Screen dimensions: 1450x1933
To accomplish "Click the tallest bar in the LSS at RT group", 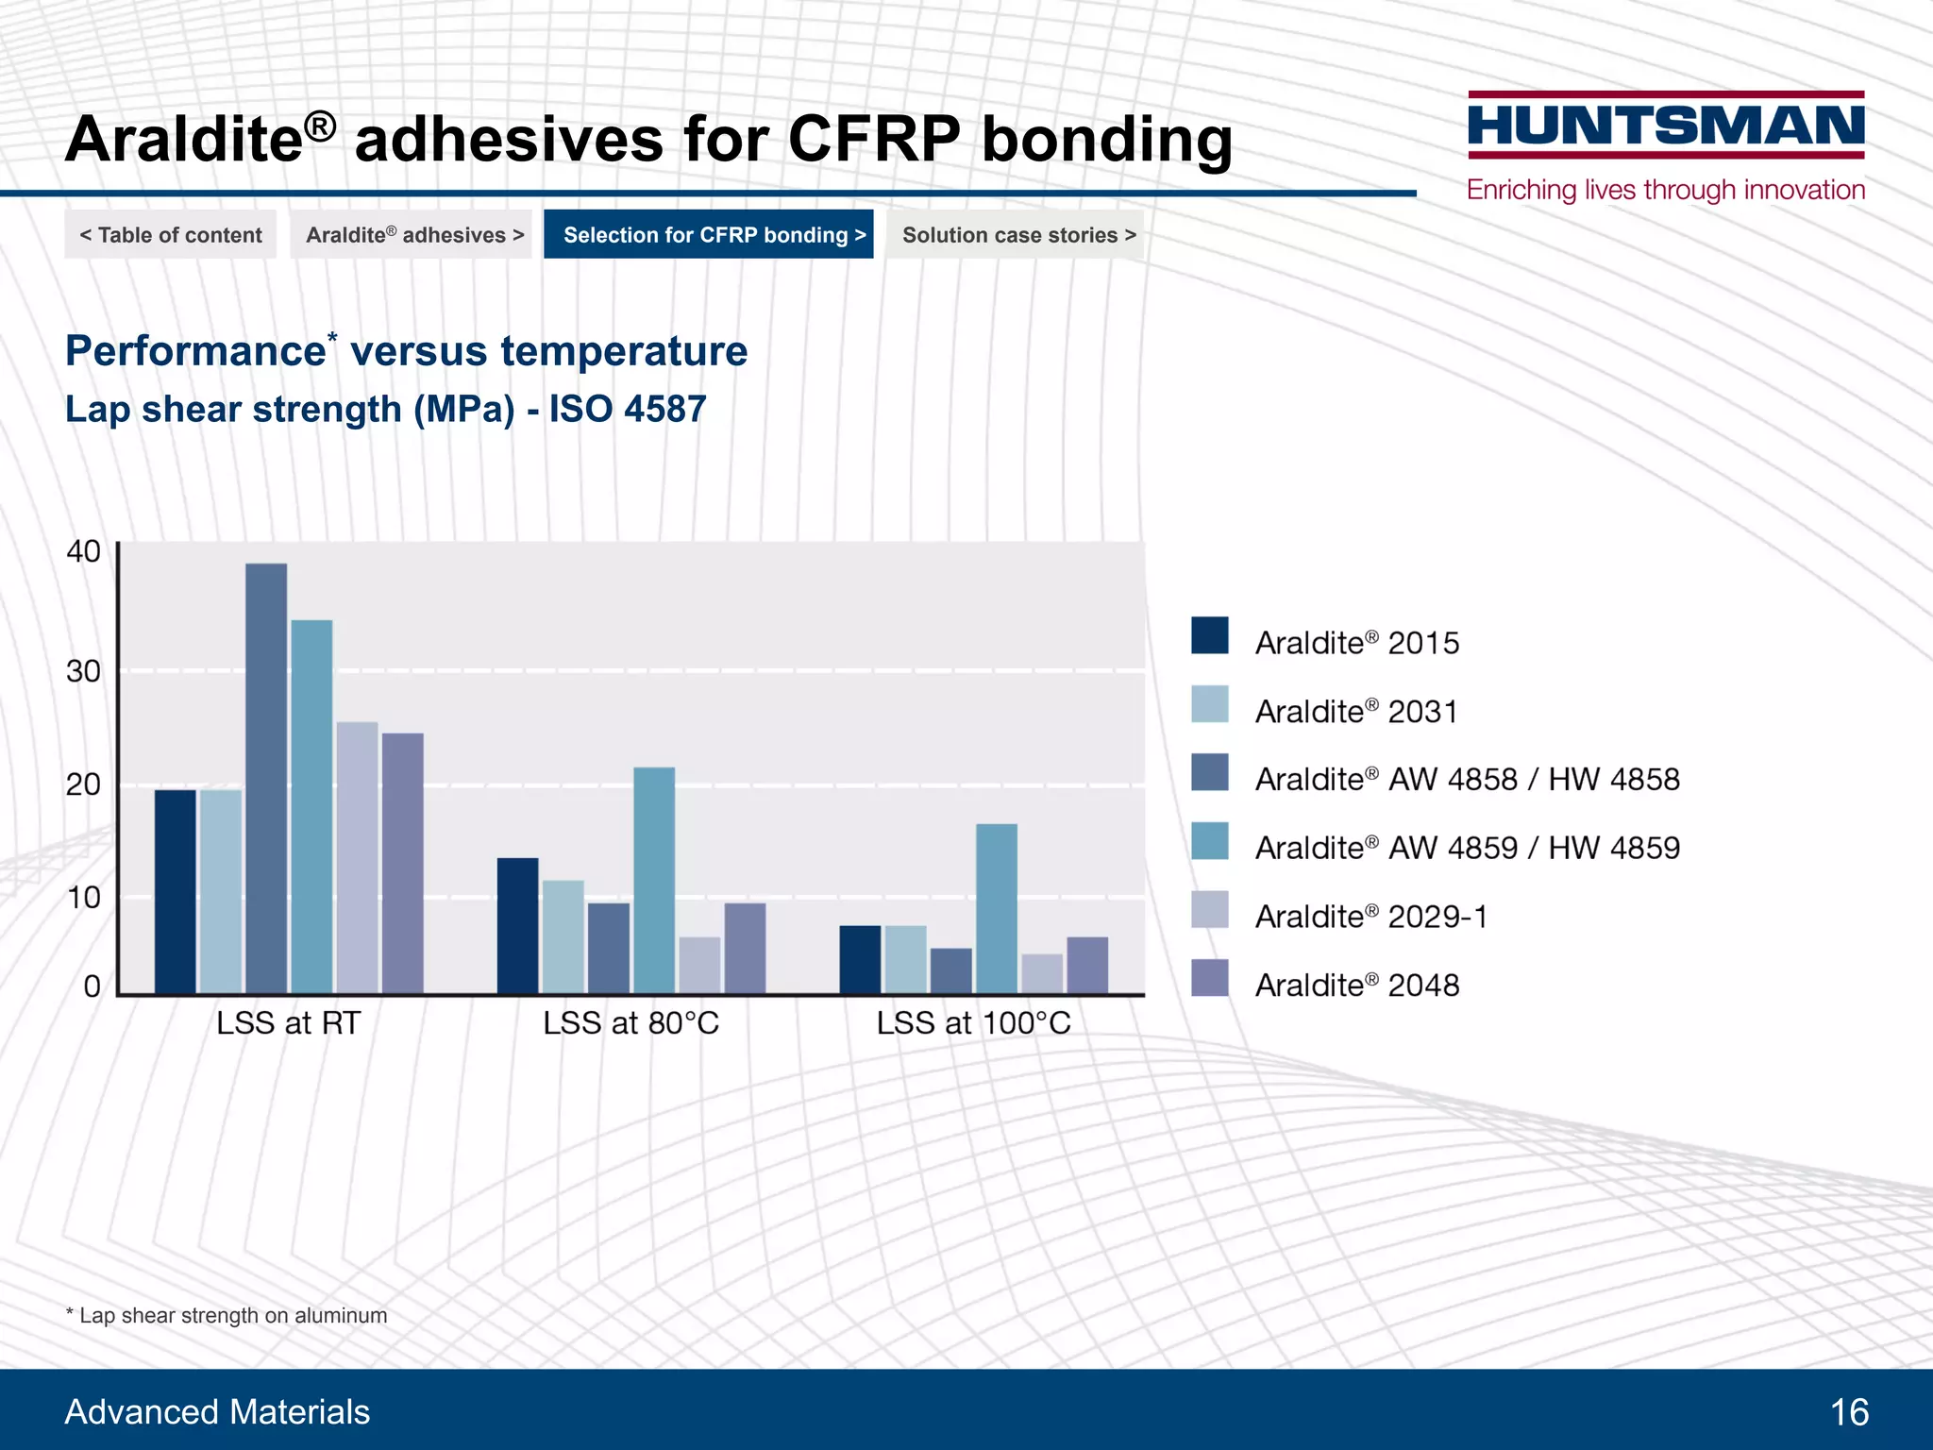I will tap(266, 778).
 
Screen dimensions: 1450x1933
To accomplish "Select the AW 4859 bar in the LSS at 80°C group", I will tap(654, 880).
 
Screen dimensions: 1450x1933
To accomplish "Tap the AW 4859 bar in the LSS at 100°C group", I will tap(997, 908).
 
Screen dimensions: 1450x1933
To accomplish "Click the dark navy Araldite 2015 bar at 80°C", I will tap(517, 925).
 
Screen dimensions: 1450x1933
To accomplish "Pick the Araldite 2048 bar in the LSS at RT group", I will tap(403, 863).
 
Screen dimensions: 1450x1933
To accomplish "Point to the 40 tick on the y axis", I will tap(83, 551).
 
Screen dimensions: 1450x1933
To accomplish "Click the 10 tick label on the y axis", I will tap(83, 897).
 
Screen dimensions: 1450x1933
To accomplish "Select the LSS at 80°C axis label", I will tap(630, 1023).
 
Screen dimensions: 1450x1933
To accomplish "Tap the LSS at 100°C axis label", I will tap(973, 1023).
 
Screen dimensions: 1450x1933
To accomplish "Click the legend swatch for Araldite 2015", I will tap(1209, 635).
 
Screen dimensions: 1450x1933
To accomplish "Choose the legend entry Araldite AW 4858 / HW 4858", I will tap(1467, 780).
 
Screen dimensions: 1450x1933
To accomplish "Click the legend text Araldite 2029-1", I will tap(1370, 917).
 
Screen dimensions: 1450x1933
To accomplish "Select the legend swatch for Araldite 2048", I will tap(1209, 978).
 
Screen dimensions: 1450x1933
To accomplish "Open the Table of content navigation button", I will tap(171, 235).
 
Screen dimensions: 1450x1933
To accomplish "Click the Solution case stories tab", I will tap(1017, 235).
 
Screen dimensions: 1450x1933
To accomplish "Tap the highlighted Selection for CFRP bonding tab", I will tap(710, 235).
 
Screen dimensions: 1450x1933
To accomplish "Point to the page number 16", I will tap(1849, 1412).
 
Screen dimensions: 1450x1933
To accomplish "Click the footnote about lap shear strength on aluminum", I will tap(227, 1316).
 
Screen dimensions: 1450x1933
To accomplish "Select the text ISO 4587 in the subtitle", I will tap(627, 410).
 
